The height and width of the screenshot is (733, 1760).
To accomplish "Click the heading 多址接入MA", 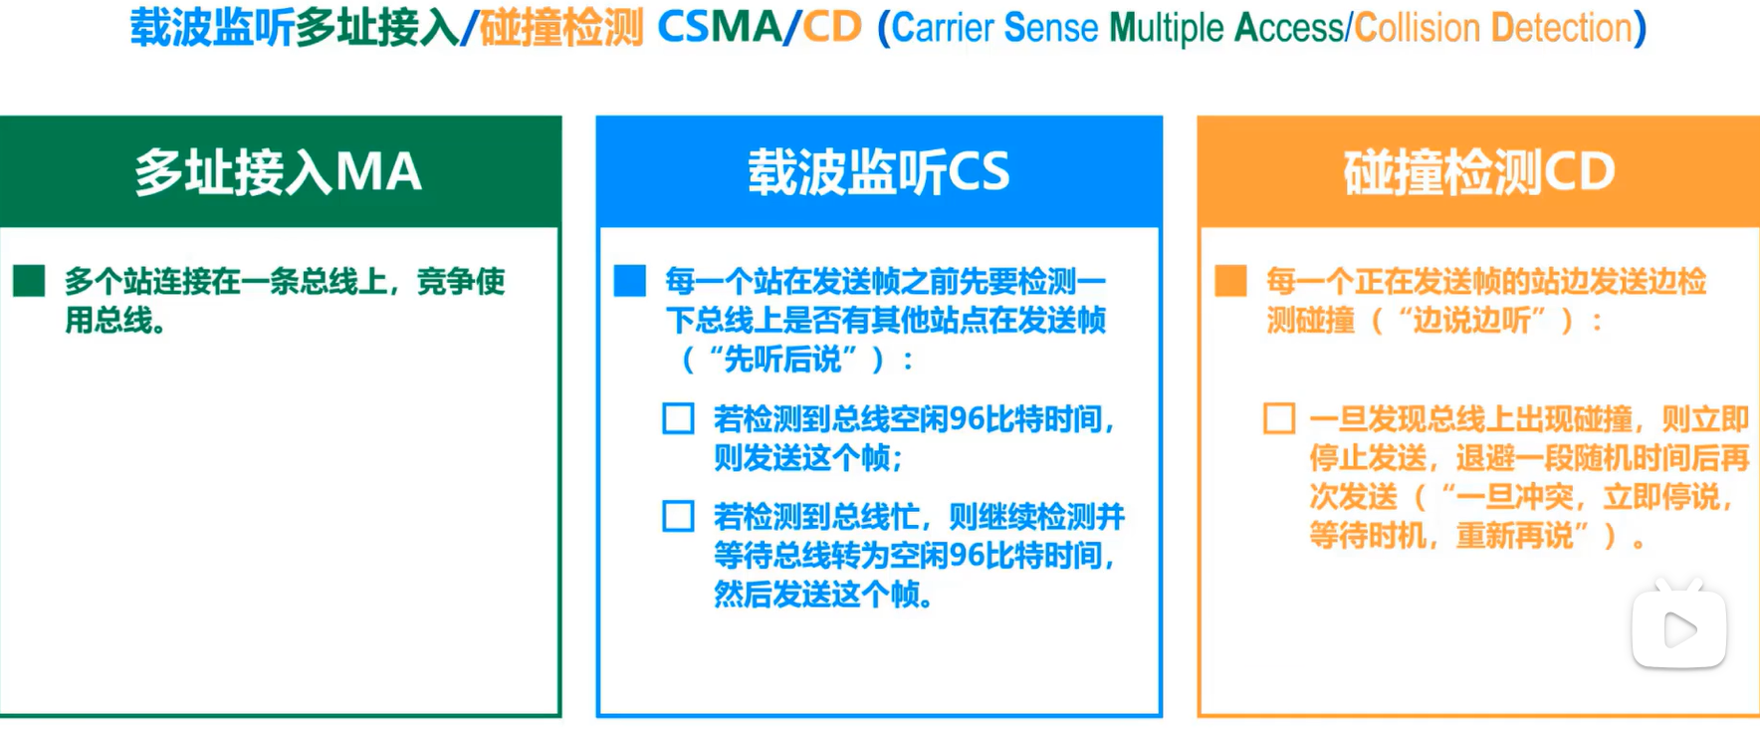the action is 278,172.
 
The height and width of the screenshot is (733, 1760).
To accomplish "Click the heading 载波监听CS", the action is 879,172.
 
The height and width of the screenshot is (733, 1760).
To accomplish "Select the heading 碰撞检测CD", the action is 1478,172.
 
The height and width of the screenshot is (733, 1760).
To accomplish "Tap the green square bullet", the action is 29,281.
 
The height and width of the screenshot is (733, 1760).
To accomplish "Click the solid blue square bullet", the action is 629,281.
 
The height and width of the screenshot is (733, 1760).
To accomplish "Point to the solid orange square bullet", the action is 1230,281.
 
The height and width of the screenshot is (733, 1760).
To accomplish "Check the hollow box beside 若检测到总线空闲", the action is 678,418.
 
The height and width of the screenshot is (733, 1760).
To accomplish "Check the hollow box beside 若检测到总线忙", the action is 678,516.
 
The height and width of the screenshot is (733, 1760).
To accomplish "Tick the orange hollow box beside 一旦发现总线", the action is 1279,418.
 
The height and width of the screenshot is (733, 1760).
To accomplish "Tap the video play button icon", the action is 1678,627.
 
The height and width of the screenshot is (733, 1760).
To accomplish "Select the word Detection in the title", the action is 1562,28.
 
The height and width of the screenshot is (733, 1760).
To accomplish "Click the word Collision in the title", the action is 1418,28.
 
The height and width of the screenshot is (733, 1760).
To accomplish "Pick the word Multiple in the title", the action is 1166,29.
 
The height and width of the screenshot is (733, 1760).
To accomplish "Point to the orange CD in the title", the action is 832,28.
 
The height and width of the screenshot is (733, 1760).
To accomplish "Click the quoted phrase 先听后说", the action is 781,359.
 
